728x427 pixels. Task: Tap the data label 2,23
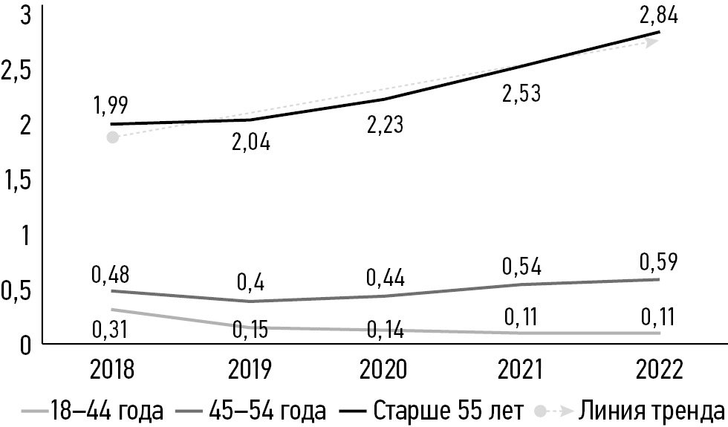pos(385,123)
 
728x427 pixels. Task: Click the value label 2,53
pos(521,94)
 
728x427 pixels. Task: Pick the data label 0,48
pos(111,275)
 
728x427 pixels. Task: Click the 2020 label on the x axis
pos(385,369)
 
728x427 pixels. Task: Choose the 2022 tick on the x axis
pos(658,369)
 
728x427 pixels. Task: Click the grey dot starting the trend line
pos(112,137)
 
